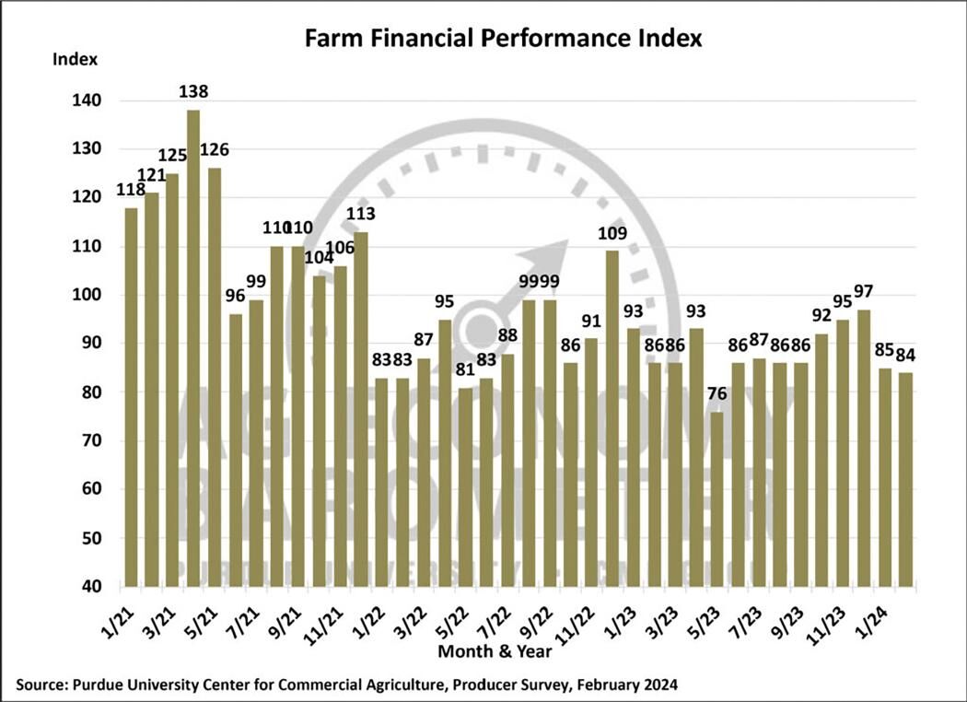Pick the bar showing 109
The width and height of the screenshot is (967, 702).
point(612,418)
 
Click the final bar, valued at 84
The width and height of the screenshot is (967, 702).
point(905,479)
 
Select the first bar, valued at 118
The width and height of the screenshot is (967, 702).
point(130,397)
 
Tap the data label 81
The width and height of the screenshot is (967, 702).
point(464,369)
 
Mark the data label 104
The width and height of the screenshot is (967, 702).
point(320,257)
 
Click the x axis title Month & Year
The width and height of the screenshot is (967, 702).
point(495,652)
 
